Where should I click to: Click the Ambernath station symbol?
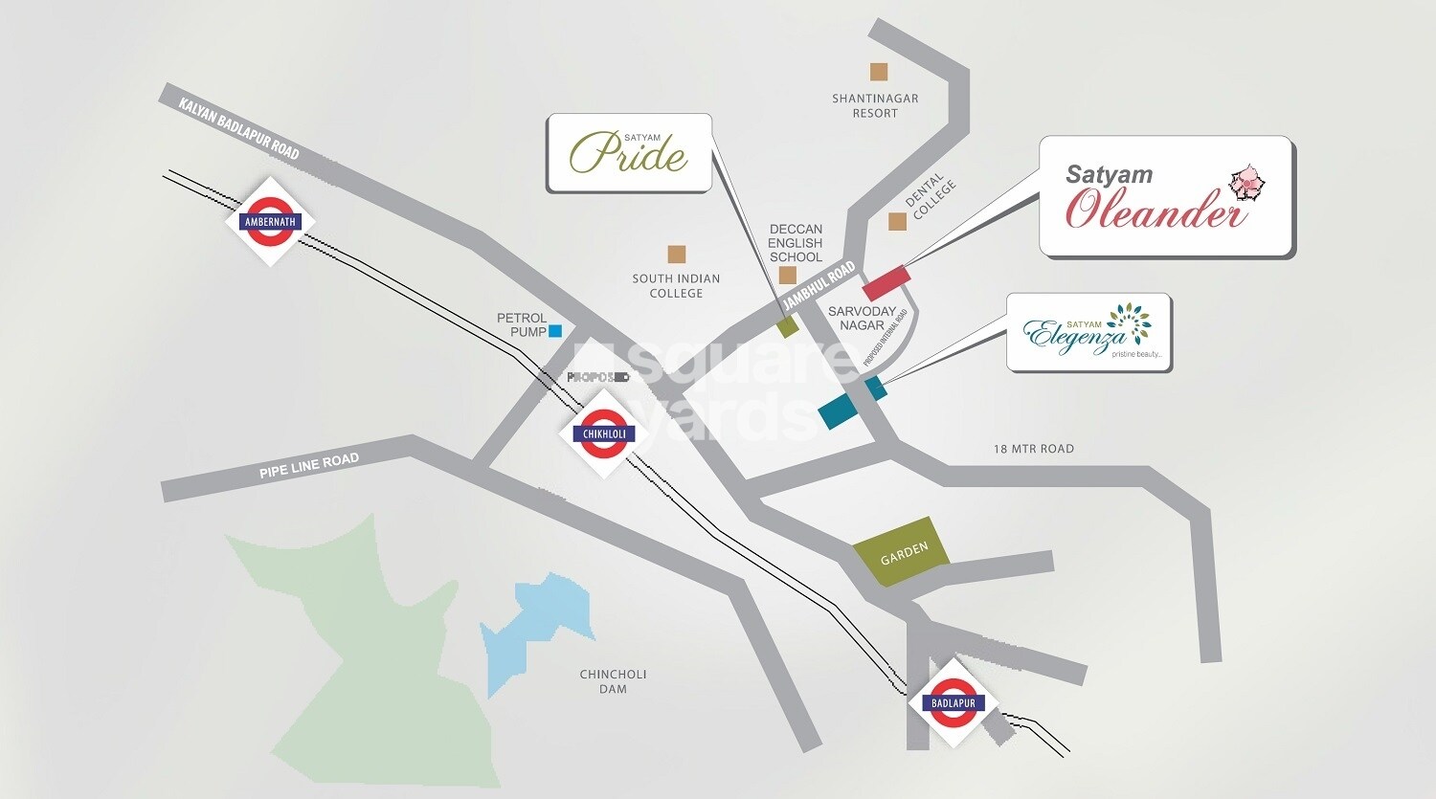(270, 221)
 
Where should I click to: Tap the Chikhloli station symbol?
(604, 433)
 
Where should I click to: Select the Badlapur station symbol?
(953, 703)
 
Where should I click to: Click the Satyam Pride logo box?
(629, 153)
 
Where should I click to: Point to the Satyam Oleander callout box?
(1166, 196)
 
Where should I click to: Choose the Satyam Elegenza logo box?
(1088, 332)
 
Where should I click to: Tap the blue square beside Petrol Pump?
(554, 331)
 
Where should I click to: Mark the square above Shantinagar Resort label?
(878, 72)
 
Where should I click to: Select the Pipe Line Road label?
(308, 466)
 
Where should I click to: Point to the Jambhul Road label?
(819, 285)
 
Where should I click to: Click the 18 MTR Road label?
(1033, 449)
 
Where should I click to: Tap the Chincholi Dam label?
(613, 681)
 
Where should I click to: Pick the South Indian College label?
(676, 285)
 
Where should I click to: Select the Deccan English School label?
(796, 243)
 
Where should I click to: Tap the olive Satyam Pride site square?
(787, 326)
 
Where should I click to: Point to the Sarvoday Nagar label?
(862, 318)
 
